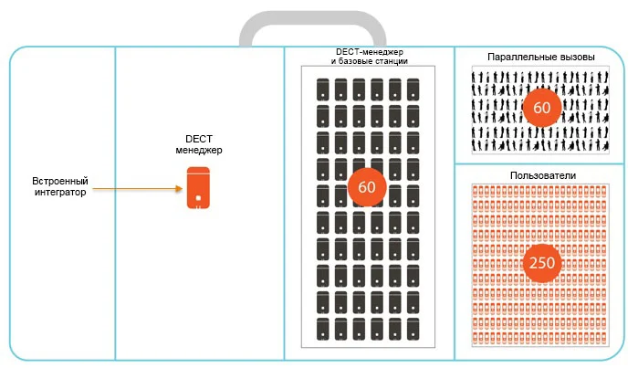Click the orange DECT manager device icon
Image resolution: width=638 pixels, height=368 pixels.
coord(198,188)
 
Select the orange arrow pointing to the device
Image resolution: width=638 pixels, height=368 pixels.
coord(137,189)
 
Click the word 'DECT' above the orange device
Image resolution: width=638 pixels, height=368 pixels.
coord(198,137)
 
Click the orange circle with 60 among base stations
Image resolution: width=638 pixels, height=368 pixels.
coord(366,185)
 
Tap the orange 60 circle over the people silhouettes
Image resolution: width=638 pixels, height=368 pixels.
coord(541,108)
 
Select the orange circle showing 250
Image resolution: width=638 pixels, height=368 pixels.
coord(541,263)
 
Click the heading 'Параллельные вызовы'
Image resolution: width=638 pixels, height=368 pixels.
coord(541,57)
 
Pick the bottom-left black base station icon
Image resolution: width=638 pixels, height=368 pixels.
coord(322,326)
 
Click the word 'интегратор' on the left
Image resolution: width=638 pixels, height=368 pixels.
coord(59,194)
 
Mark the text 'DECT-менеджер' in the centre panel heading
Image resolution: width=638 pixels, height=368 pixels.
coord(369,51)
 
